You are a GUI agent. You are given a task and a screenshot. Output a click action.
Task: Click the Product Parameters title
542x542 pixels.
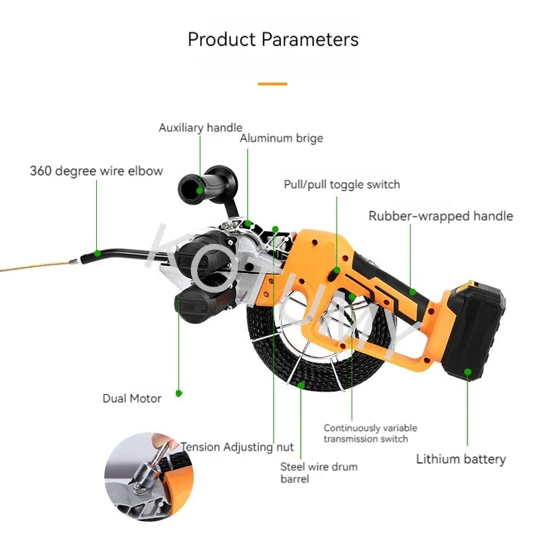[x=273, y=39]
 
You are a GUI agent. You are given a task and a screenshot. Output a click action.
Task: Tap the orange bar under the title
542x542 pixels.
[x=272, y=84]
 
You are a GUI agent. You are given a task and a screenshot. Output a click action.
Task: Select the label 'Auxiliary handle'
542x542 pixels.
[x=200, y=127]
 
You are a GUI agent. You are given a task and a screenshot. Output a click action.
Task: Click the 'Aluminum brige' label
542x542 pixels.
[x=281, y=138]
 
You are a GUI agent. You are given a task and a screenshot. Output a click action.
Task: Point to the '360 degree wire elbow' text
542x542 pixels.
[x=96, y=171]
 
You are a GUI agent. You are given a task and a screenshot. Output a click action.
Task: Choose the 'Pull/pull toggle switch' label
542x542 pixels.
[x=341, y=184]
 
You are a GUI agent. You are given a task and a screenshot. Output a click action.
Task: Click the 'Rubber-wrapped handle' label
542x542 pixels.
[x=440, y=216]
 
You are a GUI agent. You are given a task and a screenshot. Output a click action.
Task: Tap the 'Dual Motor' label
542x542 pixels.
[x=131, y=398]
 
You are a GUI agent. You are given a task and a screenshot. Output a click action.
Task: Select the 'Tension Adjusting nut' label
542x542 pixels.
[x=237, y=447]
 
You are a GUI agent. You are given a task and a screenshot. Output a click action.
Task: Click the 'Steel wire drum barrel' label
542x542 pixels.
[x=318, y=473]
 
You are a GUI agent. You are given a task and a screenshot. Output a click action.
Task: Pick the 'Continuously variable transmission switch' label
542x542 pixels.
[x=370, y=433]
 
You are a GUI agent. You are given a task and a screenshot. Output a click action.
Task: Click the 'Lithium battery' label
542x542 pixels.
[x=461, y=459]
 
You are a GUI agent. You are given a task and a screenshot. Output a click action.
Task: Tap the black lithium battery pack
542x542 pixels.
[x=474, y=332]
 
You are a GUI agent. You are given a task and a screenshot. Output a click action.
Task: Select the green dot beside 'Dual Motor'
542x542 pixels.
[x=179, y=392]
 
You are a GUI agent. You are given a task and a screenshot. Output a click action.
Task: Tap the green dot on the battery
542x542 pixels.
[x=467, y=371]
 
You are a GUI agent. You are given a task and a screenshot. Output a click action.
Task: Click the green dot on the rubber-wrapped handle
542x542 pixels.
[x=411, y=292]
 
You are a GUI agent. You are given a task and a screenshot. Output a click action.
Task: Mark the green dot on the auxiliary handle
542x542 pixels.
[x=199, y=190]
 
